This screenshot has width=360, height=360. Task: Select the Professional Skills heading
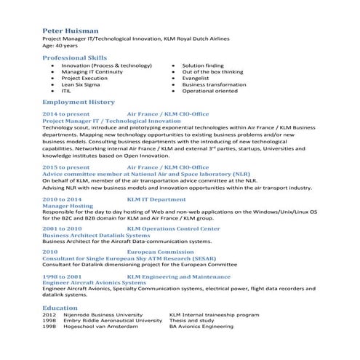click(75, 57)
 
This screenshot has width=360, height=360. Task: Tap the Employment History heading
click(79, 103)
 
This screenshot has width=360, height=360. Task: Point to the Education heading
click(60, 308)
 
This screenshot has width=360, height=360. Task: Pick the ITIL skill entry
click(66, 92)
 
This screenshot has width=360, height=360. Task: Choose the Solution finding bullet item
click(203, 65)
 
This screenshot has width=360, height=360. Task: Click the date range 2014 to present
click(66, 115)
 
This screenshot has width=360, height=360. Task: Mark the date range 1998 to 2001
click(62, 277)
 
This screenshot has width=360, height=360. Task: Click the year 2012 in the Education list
click(49, 315)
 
